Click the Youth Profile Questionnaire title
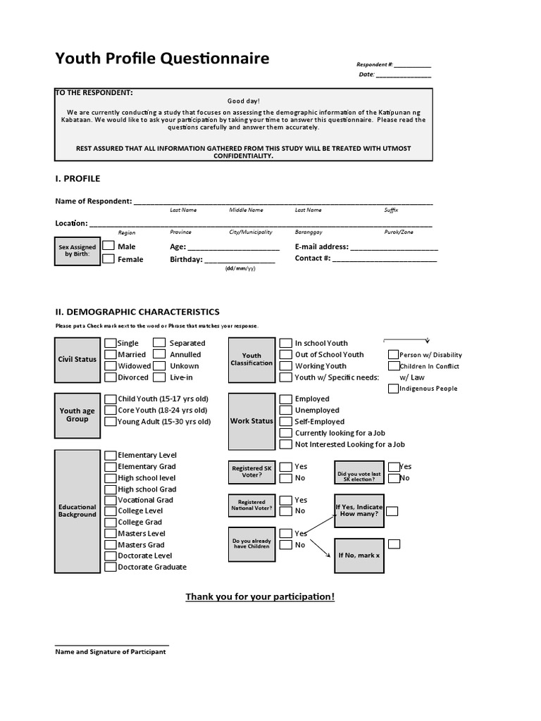[162, 58]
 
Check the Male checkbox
[109, 246]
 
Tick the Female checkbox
[109, 259]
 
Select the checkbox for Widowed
[111, 365]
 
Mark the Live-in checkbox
[159, 377]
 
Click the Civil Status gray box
[77, 359]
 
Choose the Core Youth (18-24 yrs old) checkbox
[111, 410]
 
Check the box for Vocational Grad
[111, 500]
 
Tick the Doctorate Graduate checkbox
[111, 567]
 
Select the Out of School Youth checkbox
[285, 354]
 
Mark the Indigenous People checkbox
[393, 388]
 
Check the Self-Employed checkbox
[285, 421]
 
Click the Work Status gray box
[251, 421]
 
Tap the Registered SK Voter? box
[251, 472]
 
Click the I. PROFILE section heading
[77, 178]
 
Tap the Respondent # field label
[375, 65]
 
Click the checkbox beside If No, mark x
[394, 544]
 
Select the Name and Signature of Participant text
[111, 652]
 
